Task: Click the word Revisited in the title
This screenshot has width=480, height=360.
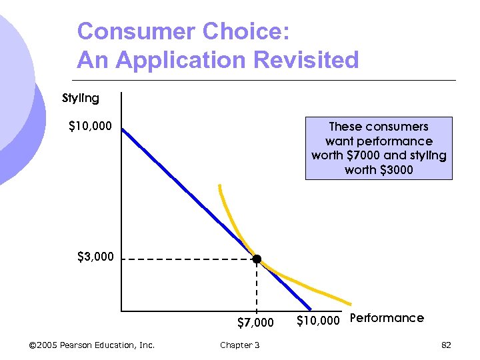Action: [309, 60]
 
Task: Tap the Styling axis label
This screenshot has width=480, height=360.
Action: [81, 98]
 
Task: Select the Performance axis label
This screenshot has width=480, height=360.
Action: [387, 318]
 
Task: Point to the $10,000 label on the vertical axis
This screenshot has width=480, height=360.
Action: [91, 125]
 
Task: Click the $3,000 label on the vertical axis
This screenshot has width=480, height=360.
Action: [95, 256]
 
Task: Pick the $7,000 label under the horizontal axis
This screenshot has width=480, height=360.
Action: [255, 323]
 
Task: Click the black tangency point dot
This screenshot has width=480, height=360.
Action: [257, 259]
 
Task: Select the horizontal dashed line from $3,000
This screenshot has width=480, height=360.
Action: [187, 259]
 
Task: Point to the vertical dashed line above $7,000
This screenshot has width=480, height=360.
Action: [257, 287]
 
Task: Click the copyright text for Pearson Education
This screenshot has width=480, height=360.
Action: [92, 345]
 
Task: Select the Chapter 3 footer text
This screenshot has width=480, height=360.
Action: [240, 345]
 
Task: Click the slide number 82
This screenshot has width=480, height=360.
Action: [446, 345]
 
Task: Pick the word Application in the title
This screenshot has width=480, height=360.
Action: [179, 60]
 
